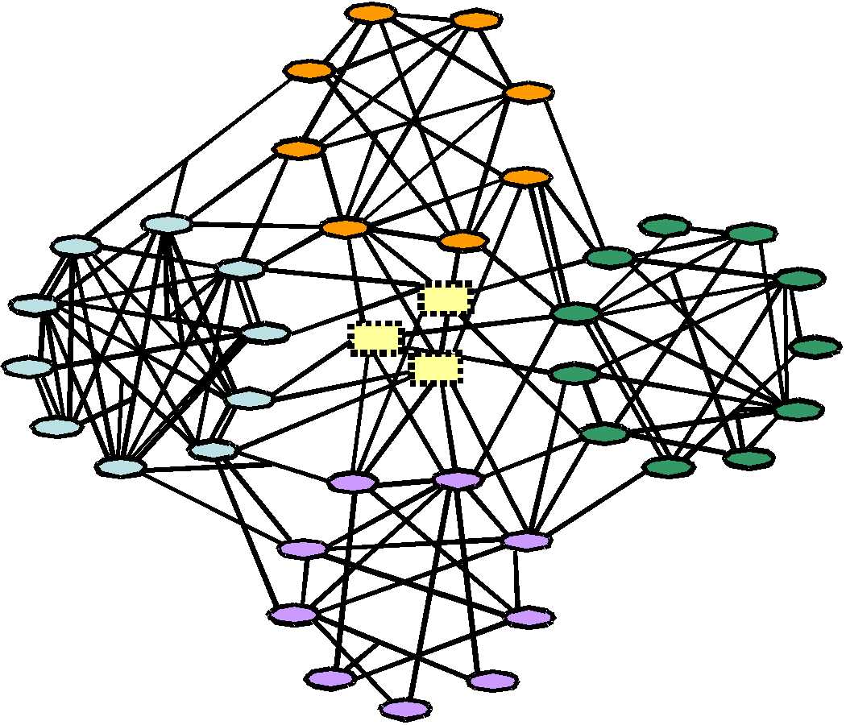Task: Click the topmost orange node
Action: [x=371, y=13]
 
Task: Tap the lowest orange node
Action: [x=462, y=240]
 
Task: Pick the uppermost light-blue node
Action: [x=167, y=223]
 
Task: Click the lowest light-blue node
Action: [x=120, y=466]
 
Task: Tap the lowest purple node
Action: [x=405, y=709]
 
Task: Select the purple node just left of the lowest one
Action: [x=330, y=679]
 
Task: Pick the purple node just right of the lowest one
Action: [x=492, y=681]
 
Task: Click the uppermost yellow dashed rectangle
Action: [x=445, y=299]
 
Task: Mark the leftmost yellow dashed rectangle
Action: [x=376, y=338]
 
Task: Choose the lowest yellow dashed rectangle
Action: [x=436, y=368]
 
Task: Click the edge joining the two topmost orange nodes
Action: [x=423, y=16]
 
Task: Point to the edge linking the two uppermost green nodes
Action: [x=708, y=230]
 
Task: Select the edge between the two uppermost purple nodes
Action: [x=404, y=482]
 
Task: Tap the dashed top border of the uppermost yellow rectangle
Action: [x=445, y=284]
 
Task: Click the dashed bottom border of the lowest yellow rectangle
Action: [x=436, y=382]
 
